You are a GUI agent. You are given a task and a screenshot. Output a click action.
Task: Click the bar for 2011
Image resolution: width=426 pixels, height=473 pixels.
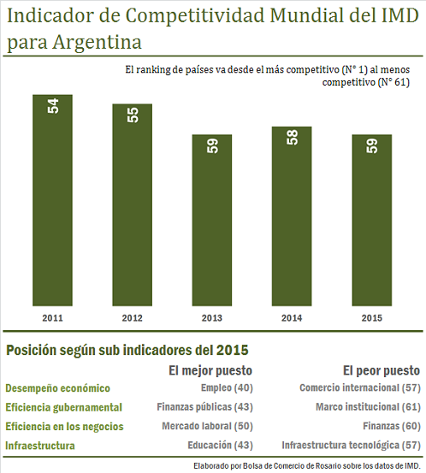52,200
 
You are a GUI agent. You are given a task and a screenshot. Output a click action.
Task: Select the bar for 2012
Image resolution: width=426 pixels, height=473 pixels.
132,204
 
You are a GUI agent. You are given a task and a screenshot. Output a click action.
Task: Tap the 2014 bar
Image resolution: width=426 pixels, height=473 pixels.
292,216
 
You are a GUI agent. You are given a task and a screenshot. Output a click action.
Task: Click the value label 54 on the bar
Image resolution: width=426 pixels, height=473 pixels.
53,106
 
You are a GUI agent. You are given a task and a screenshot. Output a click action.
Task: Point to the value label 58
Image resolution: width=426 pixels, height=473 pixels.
293,138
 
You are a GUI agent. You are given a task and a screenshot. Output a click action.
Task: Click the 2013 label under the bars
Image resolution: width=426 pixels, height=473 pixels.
212,318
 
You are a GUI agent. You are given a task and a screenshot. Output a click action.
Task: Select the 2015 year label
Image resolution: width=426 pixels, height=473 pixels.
372,318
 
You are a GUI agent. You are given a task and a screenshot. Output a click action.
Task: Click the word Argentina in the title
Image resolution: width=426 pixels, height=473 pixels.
98,42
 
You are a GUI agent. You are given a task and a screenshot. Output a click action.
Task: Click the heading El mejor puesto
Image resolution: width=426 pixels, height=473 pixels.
210,370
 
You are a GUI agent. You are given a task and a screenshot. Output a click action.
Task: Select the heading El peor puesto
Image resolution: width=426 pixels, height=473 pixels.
382,370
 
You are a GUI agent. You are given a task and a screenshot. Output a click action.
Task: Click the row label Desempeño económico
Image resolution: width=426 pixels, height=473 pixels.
57,388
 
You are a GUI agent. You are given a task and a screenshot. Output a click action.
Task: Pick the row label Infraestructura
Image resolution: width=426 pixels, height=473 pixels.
40,446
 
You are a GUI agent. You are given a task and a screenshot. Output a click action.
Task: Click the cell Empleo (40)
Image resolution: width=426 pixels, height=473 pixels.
227,388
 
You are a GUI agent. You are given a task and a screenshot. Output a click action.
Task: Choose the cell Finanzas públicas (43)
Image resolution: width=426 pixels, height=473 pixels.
204,407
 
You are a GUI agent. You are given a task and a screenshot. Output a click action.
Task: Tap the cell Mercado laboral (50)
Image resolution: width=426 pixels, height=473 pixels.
208,426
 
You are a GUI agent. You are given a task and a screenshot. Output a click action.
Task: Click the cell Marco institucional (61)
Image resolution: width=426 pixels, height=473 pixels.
368,407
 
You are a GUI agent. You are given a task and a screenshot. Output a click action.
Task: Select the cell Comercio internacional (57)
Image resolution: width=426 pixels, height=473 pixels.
360,388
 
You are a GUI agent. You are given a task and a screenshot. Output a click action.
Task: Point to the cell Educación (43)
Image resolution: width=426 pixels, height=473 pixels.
220,446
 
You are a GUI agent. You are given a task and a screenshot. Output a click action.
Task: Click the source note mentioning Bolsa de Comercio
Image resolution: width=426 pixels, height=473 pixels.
307,466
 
